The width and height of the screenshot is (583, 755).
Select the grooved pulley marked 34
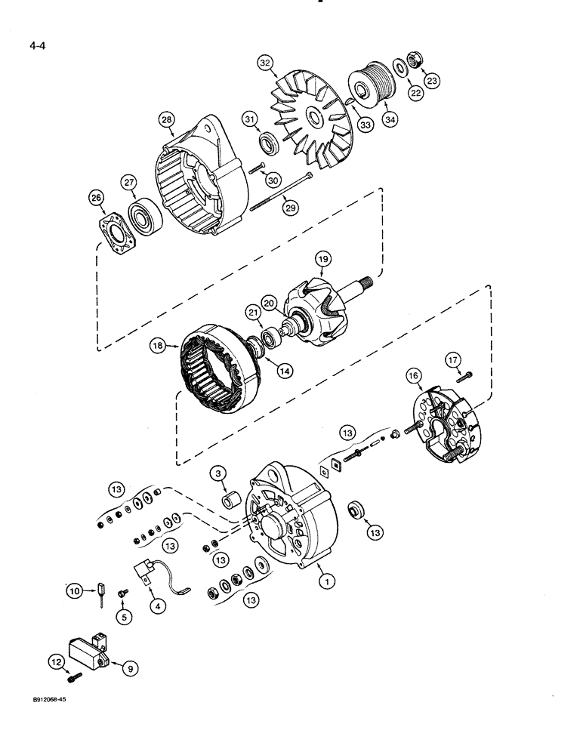click(x=369, y=83)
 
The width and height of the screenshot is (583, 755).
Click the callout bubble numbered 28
click(x=166, y=119)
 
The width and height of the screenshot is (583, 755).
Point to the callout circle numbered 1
click(x=326, y=581)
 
